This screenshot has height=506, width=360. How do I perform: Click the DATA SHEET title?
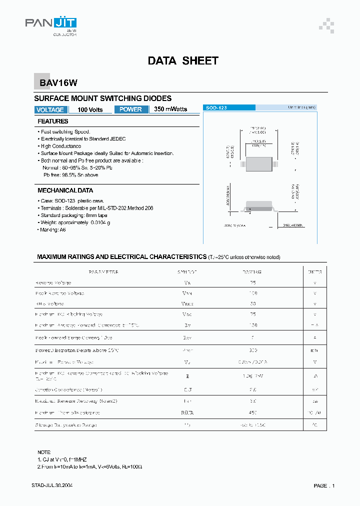183,61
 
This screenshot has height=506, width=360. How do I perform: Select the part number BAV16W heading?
55,83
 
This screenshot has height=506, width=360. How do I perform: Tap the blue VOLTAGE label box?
50,109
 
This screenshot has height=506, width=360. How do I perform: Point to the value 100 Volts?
90,109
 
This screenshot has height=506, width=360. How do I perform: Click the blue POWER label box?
131,109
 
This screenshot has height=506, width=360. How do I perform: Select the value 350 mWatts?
170,109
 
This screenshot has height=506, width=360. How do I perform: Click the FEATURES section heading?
53,121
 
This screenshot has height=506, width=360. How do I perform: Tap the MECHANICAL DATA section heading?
65,190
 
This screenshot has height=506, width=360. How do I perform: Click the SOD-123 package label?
216,107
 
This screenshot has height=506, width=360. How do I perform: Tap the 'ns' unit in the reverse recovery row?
315,401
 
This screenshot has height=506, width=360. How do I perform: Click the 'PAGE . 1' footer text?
324,486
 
